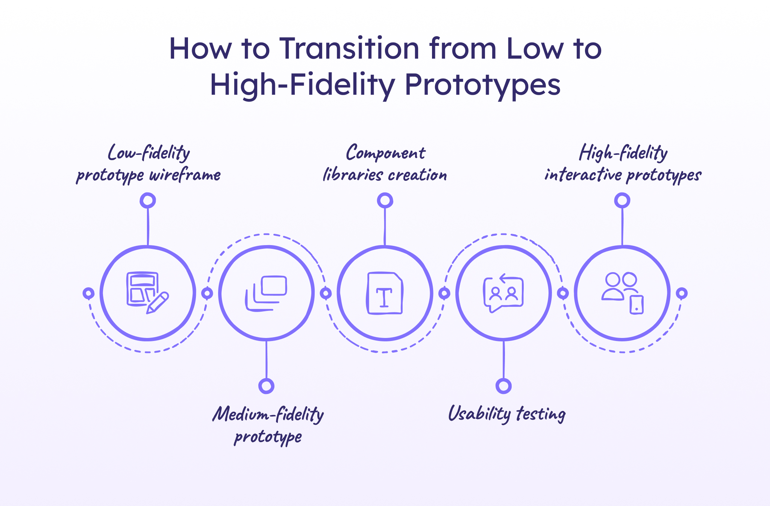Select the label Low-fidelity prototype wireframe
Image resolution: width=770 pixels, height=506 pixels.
click(x=148, y=164)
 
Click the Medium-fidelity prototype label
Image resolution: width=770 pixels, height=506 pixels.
click(x=268, y=425)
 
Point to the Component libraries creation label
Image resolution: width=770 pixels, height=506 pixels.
click(x=385, y=164)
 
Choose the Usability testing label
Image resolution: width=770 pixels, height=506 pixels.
click(x=507, y=414)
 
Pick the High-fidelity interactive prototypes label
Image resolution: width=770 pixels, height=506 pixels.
click(x=623, y=164)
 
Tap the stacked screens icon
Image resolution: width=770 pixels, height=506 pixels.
click(x=266, y=293)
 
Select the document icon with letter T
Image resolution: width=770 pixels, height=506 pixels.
click(x=385, y=293)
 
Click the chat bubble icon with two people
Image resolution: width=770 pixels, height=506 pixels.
click(x=503, y=293)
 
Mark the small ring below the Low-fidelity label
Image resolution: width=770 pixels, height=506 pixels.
click(x=148, y=200)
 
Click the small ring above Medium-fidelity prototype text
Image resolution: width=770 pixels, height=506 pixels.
click(x=266, y=386)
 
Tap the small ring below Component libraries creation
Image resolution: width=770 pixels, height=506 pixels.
click(x=385, y=200)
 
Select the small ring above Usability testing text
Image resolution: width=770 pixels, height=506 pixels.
click(x=503, y=386)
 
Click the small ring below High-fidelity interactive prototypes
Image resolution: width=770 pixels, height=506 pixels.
click(x=622, y=200)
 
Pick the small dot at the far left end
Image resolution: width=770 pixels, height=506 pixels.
click(x=88, y=293)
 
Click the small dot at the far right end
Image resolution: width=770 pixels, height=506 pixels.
click(x=682, y=293)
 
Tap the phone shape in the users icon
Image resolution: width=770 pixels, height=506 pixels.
click(x=637, y=305)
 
